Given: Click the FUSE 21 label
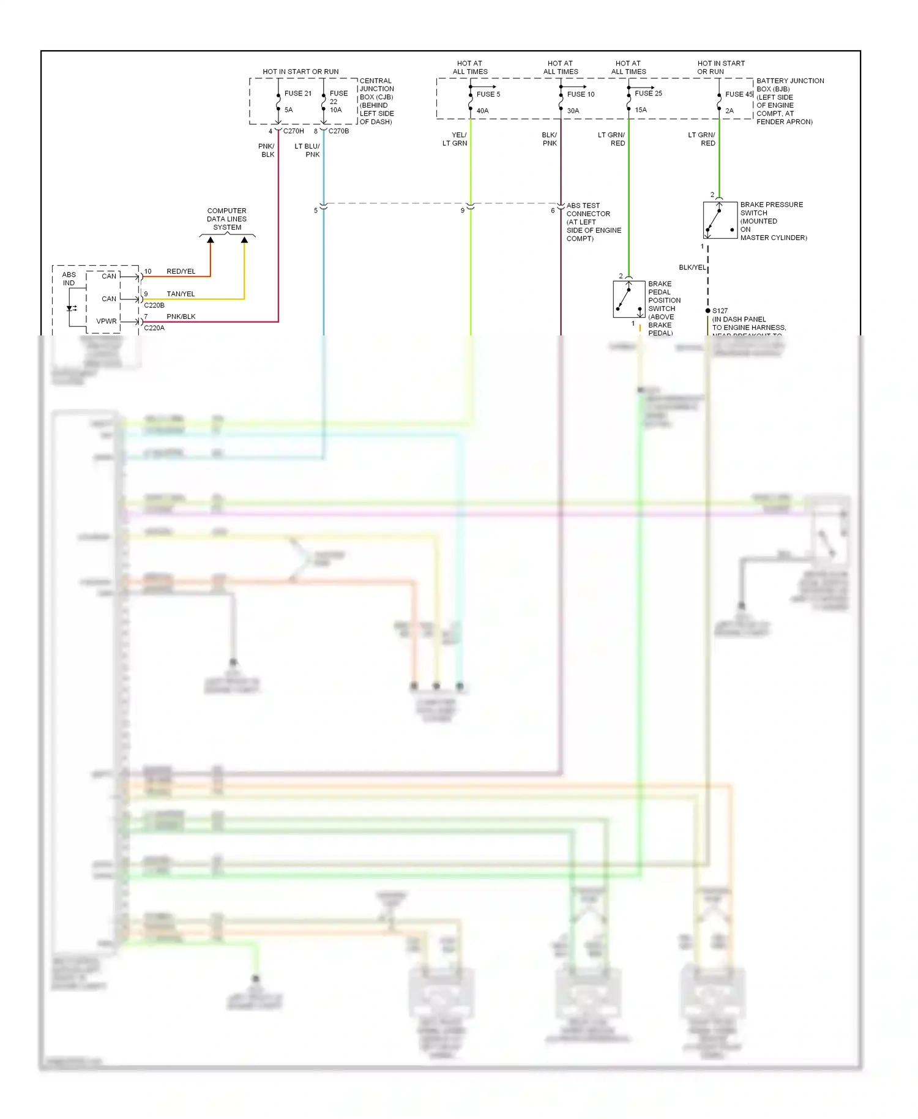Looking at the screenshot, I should tap(297, 94).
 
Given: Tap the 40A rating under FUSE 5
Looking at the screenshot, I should tap(482, 111).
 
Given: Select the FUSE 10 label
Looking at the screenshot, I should tap(580, 94).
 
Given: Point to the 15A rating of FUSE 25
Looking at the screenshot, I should tap(641, 110).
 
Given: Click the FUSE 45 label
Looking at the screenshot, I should tap(739, 94).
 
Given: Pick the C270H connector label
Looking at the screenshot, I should tap(293, 131).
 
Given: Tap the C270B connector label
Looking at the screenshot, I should tap(338, 131).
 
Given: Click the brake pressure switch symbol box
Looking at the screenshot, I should tap(720, 220).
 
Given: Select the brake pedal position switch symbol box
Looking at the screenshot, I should tap(629, 299).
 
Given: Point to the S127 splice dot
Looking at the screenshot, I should tap(708, 311).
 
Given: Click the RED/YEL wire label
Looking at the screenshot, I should tap(181, 271).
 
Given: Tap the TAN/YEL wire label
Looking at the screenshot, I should tap(181, 294).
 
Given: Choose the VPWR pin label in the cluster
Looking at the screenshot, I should tap(106, 321).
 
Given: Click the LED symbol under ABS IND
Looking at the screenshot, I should tap(70, 308).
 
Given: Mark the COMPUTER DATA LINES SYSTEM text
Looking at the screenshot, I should tap(226, 219).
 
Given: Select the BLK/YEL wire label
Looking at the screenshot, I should tap(692, 268).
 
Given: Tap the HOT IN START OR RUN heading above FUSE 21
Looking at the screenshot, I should tap(300, 72).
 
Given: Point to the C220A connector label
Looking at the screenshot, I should tap(154, 328).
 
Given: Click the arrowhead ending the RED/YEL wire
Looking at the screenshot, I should tap(211, 240).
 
